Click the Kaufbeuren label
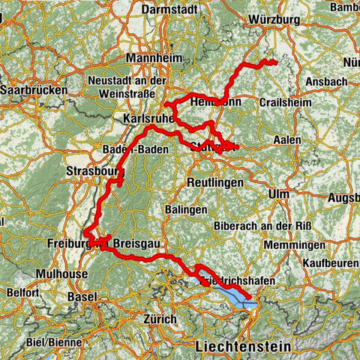pyautogui.click(x=331, y=263)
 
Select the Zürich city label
pyautogui.click(x=159, y=319)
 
